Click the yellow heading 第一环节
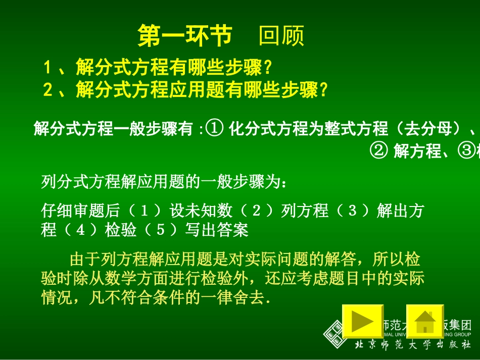point(185,36)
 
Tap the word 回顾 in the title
point(281,36)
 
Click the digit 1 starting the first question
point(48,67)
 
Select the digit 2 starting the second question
point(48,90)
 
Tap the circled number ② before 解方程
point(379,150)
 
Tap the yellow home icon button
point(425,321)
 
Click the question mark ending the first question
point(268,67)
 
